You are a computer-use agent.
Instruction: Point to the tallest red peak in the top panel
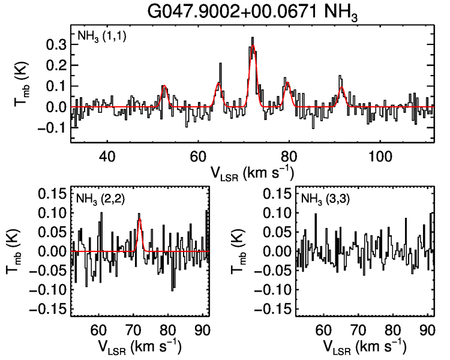253,46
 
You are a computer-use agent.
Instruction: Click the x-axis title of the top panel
252,172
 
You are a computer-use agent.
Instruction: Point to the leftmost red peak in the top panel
164,86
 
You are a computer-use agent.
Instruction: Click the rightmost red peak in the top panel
341,88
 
